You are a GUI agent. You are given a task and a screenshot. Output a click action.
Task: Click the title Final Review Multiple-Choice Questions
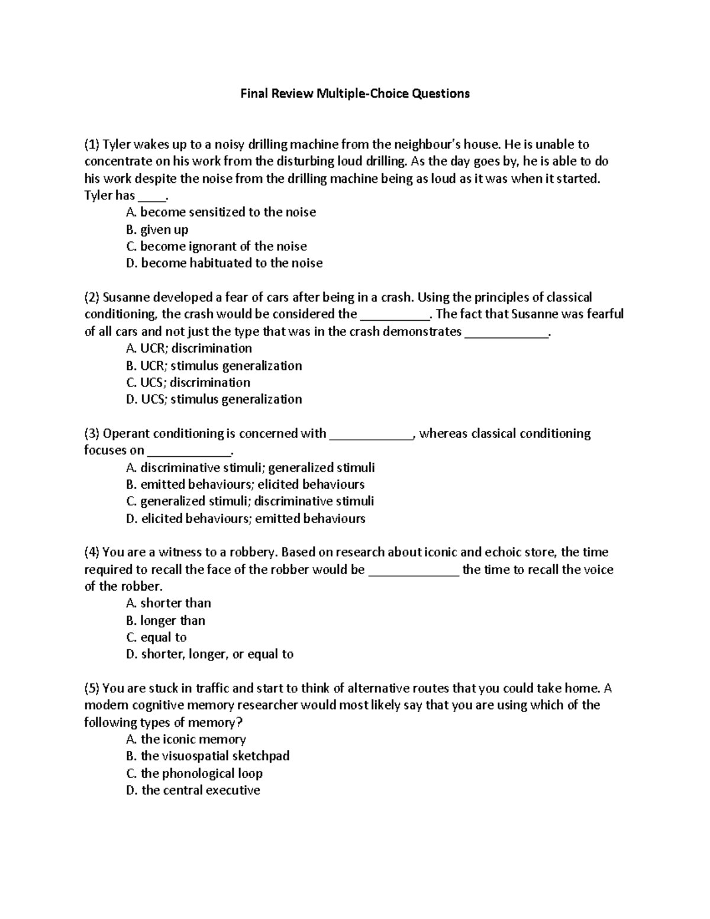coord(354,93)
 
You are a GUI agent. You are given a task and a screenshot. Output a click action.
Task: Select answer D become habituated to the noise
coord(224,263)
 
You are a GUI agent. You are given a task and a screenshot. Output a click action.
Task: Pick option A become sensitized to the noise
coord(221,212)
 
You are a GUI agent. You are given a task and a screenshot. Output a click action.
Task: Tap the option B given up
coord(157,230)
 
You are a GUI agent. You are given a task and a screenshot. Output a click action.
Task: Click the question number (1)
coord(92,144)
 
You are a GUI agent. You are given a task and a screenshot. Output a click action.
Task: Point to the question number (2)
coord(92,297)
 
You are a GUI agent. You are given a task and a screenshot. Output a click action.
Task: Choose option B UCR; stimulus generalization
coord(214,366)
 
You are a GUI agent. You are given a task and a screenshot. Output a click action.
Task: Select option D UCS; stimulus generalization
coord(214,399)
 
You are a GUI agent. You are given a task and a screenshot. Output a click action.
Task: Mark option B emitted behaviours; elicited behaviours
coord(245,485)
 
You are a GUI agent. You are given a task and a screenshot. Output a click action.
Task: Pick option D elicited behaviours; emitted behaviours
coord(246,519)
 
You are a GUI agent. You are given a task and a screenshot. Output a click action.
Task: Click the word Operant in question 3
coord(125,434)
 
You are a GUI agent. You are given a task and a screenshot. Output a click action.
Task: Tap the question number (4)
coord(92,553)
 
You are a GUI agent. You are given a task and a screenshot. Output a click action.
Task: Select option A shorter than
coord(169,604)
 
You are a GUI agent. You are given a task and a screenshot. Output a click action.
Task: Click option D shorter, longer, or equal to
coord(209,654)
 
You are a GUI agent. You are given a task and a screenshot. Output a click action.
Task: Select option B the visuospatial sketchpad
coord(208,756)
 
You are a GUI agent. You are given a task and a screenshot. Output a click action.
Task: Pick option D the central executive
coord(193,791)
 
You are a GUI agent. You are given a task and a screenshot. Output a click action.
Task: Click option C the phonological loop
coord(194,773)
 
